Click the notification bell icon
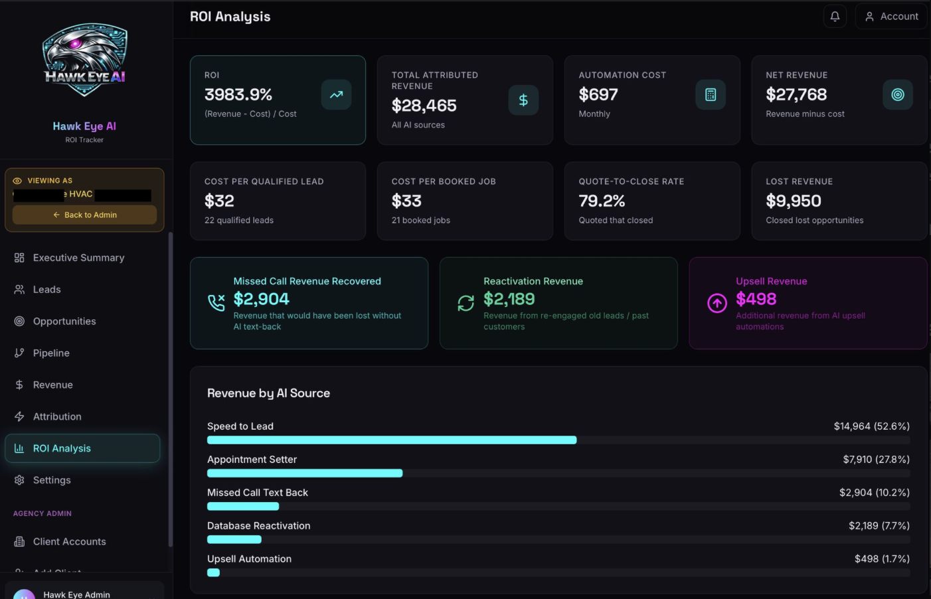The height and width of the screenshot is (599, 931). (x=835, y=17)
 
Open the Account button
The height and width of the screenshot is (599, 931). (x=891, y=17)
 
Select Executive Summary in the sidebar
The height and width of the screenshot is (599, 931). (x=78, y=258)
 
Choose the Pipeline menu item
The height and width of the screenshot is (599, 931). (x=51, y=353)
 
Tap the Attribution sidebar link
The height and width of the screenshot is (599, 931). (x=57, y=417)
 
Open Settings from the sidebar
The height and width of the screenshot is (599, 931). (x=52, y=480)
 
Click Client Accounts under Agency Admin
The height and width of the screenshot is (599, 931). (x=69, y=542)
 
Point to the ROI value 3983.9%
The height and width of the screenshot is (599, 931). (x=238, y=95)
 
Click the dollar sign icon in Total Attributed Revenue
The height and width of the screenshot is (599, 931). (x=523, y=100)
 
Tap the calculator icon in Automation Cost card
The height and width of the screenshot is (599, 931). (x=710, y=95)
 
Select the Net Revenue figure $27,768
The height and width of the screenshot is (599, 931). (x=796, y=95)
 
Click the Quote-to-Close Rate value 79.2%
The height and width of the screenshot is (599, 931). (x=602, y=201)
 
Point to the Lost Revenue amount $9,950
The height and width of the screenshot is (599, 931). (x=794, y=201)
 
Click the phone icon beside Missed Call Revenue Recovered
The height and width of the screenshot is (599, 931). (x=216, y=303)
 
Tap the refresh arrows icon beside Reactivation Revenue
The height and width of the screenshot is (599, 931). (x=466, y=303)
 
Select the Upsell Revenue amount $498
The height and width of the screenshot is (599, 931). (x=756, y=299)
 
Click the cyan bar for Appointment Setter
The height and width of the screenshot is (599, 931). (x=305, y=473)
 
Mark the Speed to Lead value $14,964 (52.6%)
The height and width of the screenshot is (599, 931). (x=871, y=426)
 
